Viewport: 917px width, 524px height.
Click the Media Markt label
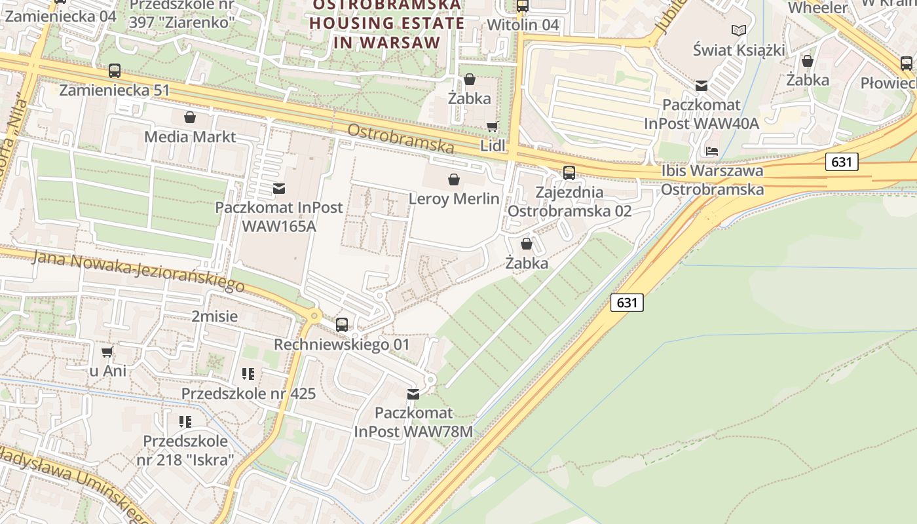(x=190, y=137)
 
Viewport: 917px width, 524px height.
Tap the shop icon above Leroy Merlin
(x=453, y=179)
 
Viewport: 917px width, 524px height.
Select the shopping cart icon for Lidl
(x=492, y=127)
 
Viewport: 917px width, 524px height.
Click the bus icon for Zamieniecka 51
(x=115, y=71)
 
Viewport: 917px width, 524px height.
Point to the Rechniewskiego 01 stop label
(x=341, y=345)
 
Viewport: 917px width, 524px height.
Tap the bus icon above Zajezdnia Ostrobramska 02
(x=569, y=173)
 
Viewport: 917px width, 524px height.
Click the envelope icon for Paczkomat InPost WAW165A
(x=279, y=189)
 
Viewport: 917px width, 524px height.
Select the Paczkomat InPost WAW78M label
(x=413, y=422)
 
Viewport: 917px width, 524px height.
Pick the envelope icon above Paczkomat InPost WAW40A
(x=702, y=86)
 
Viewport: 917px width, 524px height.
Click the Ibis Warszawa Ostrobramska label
(x=712, y=180)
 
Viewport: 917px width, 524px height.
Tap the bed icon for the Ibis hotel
(x=712, y=151)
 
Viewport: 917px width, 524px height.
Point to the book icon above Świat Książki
(x=739, y=30)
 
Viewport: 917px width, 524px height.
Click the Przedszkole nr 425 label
(x=248, y=394)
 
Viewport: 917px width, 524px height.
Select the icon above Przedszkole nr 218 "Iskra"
(x=185, y=421)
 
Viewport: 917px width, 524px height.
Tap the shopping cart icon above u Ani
(x=107, y=352)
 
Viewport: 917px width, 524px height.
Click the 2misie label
(x=215, y=316)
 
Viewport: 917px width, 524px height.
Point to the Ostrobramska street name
(x=400, y=138)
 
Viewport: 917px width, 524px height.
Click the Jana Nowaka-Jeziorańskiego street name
(x=138, y=271)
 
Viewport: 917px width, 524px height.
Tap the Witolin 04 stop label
(x=523, y=25)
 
